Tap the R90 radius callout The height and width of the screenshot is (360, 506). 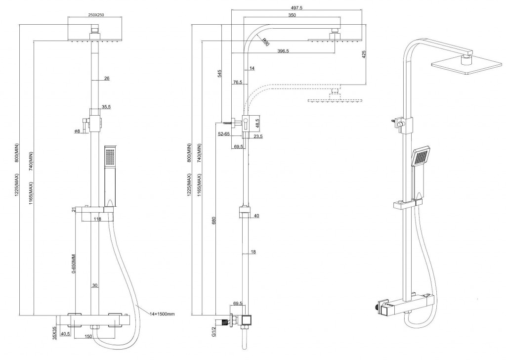point(265,43)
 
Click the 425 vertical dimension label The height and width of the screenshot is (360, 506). point(364,54)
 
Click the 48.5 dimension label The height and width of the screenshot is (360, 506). point(257,122)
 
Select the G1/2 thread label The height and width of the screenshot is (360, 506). point(214,330)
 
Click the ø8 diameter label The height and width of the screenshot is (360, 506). point(77,131)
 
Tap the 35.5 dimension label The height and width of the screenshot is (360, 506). point(106,106)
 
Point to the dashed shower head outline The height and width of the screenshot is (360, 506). point(336,99)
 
